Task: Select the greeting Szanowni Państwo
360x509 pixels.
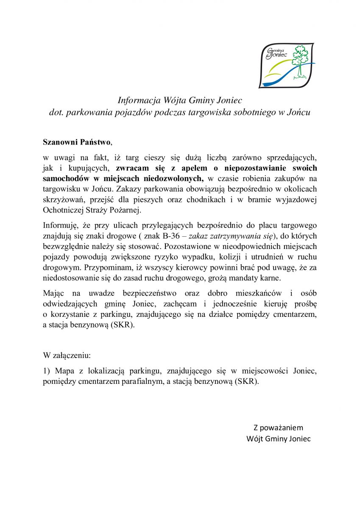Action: pos(77,141)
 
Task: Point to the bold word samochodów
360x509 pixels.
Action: pos(63,178)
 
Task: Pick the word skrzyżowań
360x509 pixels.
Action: pos(62,199)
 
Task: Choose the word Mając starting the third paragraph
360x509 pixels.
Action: pos(54,293)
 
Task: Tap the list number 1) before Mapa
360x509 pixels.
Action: pos(47,371)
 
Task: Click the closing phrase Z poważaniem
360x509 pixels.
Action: pos(278,428)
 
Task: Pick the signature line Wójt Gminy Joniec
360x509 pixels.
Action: pos(278,439)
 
